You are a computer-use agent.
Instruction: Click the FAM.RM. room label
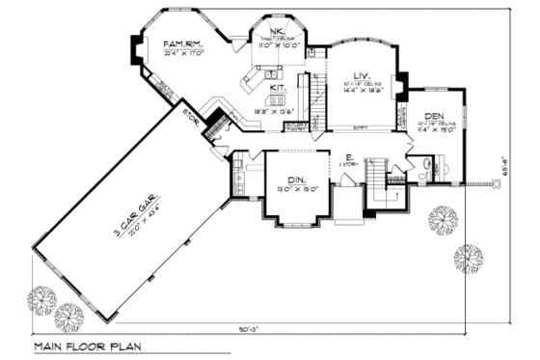point(181,43)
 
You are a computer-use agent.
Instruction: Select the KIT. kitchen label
point(278,87)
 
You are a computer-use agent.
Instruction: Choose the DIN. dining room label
point(297,180)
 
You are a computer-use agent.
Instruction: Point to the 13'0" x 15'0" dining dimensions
point(297,190)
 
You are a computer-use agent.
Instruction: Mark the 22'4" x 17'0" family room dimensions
point(181,54)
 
